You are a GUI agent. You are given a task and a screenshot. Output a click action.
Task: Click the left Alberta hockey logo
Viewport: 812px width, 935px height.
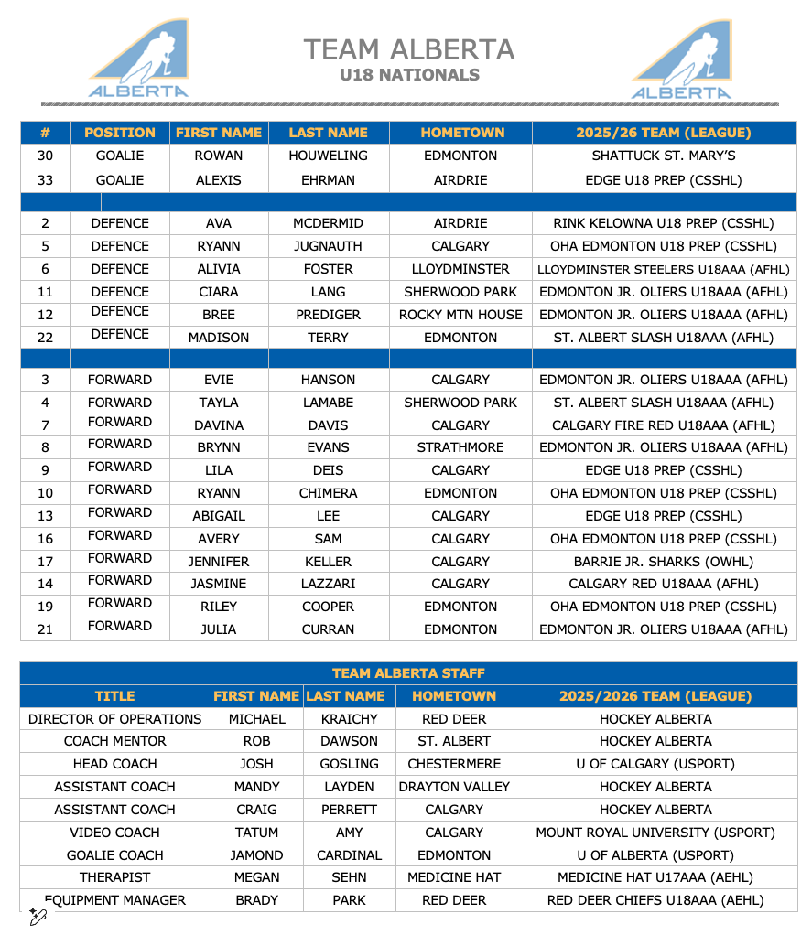point(139,59)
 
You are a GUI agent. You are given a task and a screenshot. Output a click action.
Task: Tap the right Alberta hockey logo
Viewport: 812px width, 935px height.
point(682,60)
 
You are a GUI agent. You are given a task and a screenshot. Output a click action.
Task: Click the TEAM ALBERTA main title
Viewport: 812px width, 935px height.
point(409,49)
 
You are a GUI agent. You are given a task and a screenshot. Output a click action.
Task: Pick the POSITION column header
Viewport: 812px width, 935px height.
point(120,133)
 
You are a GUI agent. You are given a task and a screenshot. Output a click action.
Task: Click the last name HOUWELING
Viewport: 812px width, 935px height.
point(328,156)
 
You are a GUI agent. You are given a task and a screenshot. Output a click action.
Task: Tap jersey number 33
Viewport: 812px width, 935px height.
point(45,180)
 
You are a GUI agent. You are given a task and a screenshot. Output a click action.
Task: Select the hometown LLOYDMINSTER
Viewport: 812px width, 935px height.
point(460,269)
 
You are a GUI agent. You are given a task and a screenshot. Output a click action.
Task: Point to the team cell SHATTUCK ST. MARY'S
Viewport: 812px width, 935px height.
point(664,156)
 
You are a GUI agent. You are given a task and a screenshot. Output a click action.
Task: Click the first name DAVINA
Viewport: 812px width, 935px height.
point(219,425)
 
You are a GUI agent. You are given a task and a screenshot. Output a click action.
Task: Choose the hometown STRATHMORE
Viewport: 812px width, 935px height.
point(460,447)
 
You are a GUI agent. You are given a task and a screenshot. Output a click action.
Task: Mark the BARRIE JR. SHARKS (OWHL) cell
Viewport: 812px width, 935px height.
point(664,562)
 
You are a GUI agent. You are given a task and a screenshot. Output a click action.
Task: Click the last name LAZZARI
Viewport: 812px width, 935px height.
point(328,584)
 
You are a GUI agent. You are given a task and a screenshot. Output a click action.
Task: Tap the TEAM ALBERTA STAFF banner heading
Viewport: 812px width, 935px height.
point(408,673)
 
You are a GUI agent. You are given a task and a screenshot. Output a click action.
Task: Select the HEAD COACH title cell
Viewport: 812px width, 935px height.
point(115,764)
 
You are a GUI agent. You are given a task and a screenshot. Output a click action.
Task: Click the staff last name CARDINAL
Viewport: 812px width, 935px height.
point(349,855)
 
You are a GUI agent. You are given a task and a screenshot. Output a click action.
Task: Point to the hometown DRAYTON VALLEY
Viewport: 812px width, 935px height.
point(454,787)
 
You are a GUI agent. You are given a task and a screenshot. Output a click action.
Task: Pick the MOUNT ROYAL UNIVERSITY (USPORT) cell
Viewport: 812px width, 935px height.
point(655,833)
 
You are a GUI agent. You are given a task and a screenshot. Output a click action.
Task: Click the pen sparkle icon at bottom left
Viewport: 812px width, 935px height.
point(38,916)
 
